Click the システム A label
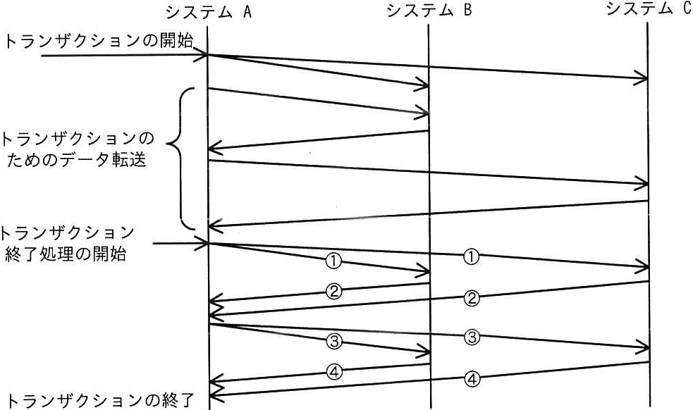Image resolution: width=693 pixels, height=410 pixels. (209, 12)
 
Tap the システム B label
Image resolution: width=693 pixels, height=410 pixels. (429, 10)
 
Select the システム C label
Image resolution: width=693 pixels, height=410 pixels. (649, 8)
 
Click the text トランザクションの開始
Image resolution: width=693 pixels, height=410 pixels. (100, 41)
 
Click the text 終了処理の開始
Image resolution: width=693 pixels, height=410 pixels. (66, 254)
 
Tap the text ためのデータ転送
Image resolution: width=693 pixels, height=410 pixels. (76, 159)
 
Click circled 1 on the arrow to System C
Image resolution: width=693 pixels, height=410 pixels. (471, 256)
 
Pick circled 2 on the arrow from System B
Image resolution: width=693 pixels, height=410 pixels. (333, 291)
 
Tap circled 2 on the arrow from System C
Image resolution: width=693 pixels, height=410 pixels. (472, 298)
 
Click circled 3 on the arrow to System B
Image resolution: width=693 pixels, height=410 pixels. (333, 341)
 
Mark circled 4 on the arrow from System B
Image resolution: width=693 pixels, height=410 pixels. (334, 373)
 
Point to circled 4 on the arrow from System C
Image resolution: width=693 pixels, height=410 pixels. (472, 379)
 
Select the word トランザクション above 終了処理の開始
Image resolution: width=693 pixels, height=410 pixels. (66, 232)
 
